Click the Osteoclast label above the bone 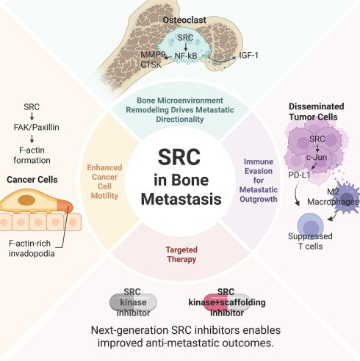[184, 20]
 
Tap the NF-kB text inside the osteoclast [186, 56]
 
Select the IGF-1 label [248, 55]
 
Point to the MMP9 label [152, 55]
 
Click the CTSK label [151, 65]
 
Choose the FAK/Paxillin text [37, 127]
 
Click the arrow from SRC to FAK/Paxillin [32, 117]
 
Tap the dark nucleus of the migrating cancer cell [26, 200]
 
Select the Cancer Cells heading [32, 180]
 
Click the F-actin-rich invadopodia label [32, 248]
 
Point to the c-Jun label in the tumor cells [317, 157]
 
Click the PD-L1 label [299, 175]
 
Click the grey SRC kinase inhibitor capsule [133, 302]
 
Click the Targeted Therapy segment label [181, 255]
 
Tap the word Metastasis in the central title [181, 199]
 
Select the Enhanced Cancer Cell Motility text [104, 181]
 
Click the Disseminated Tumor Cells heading [317, 112]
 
